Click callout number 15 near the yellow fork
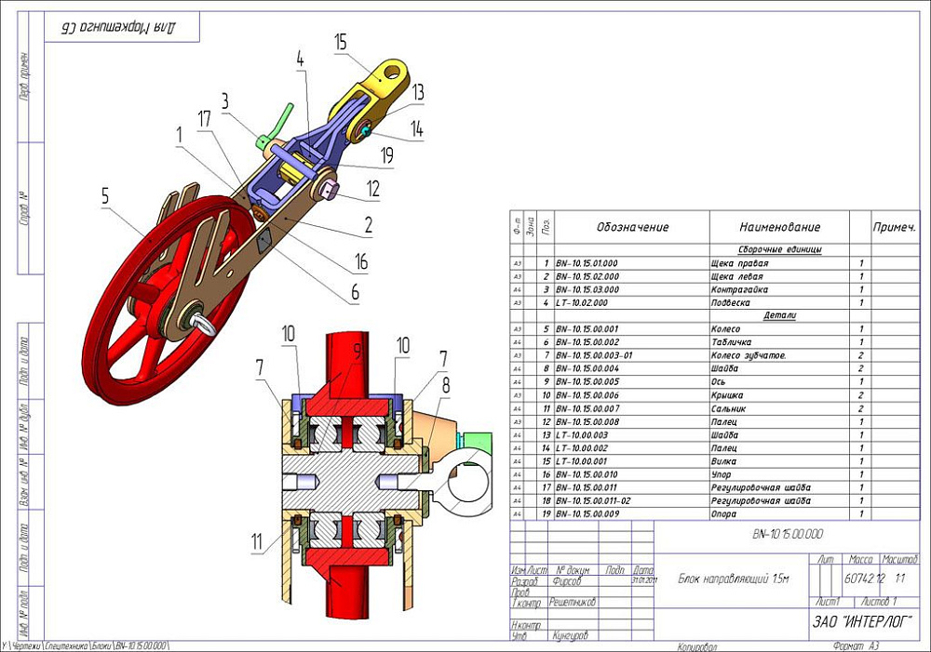pos(340,42)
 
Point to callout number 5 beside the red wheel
pos(105,196)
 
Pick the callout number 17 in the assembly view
pos(204,118)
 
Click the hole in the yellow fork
pos(395,70)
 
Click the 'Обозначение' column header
pos(632,227)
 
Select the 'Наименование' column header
pos(779,227)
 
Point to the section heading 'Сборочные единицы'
pos(779,250)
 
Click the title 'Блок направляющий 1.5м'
pos(733,579)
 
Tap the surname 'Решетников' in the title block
pos(573,602)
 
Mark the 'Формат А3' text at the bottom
pos(857,645)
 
